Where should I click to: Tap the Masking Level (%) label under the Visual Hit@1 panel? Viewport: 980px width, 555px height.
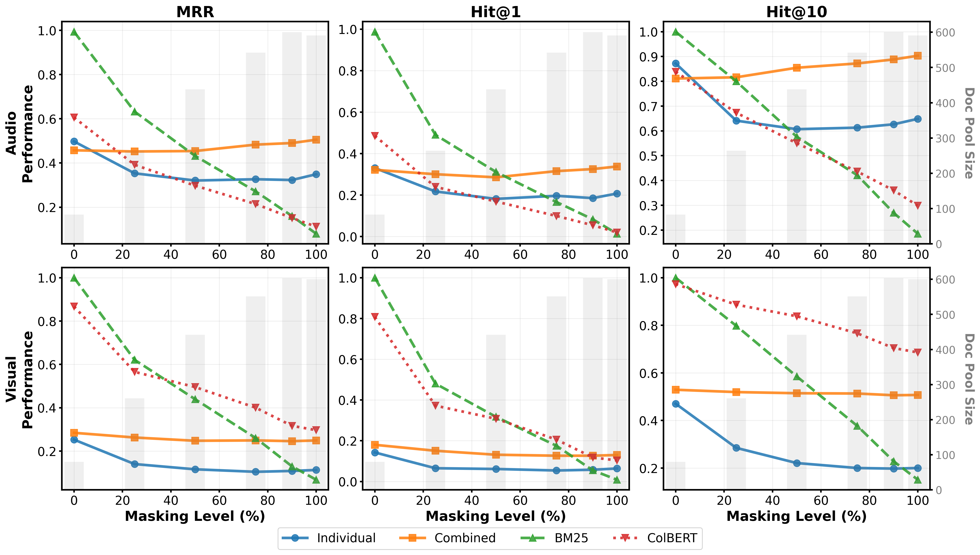point(495,516)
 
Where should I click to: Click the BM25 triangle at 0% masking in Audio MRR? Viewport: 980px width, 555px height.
point(74,32)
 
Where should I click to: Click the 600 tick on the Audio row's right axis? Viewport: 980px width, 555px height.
point(945,33)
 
